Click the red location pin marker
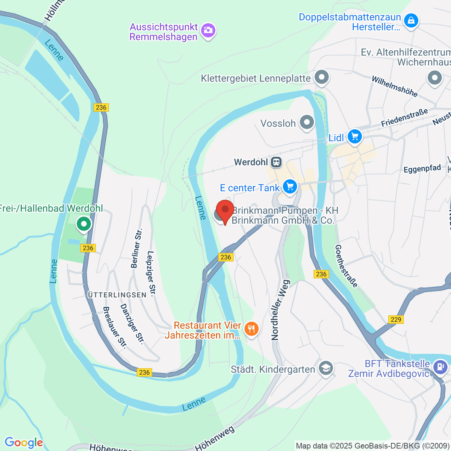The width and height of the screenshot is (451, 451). [225, 210]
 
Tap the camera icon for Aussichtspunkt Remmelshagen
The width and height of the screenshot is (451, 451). [208, 30]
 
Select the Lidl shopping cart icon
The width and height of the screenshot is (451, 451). [354, 136]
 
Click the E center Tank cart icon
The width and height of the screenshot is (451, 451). [289, 186]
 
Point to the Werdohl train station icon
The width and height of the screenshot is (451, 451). [276, 162]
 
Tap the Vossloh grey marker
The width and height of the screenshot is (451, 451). [307, 122]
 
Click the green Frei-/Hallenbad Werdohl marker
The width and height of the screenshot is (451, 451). [84, 224]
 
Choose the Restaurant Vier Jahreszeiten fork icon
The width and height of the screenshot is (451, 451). [251, 329]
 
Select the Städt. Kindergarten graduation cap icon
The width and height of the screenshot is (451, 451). [325, 368]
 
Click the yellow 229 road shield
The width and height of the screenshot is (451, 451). [396, 319]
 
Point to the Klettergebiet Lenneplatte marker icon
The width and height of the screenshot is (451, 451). [321, 78]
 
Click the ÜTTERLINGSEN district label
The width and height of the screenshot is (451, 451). [117, 295]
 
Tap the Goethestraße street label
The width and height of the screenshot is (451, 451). [346, 266]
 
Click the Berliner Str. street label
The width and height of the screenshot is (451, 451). [136, 248]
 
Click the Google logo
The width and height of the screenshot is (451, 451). [24, 442]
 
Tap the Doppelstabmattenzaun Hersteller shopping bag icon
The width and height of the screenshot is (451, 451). [412, 20]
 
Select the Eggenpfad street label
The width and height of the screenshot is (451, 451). [422, 169]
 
